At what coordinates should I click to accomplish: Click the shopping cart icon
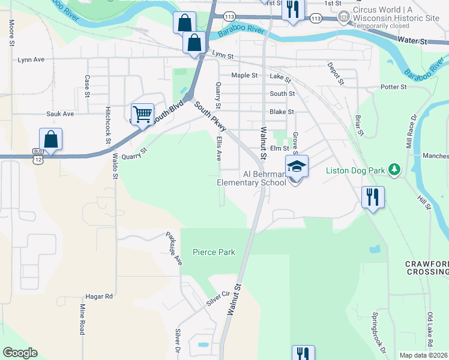point(142,113)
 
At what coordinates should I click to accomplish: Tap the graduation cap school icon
point(297,166)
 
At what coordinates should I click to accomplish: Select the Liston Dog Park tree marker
point(394,170)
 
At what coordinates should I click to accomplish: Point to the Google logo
point(20,353)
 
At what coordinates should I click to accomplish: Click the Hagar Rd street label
point(100,296)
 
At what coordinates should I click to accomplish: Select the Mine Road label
point(82,319)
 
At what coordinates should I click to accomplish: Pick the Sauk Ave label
point(60,113)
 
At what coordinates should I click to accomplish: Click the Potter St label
point(394,87)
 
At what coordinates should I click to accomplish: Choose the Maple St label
point(244,76)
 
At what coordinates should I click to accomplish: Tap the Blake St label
point(282,112)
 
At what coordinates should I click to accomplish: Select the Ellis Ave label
point(219,147)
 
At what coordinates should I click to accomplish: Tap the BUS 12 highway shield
point(38,154)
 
